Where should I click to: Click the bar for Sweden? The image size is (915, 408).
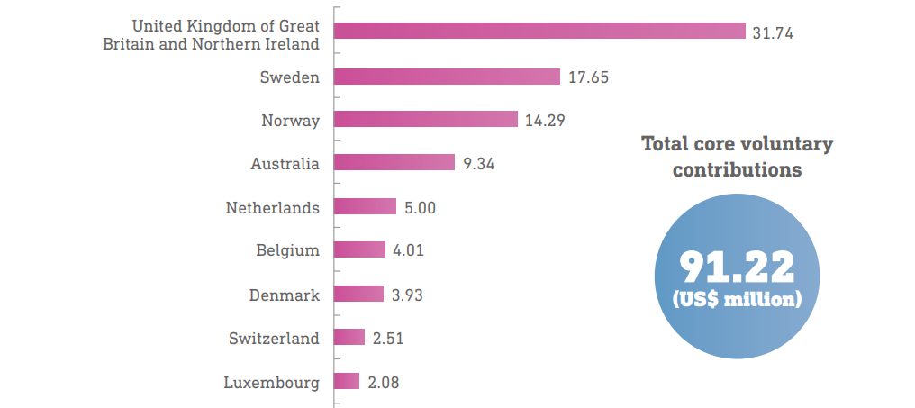tap(447, 77)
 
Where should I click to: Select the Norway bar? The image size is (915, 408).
tap(426, 119)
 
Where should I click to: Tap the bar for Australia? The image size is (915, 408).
tap(394, 162)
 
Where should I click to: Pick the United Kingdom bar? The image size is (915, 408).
tap(539, 32)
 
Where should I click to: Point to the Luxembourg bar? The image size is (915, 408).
tap(347, 382)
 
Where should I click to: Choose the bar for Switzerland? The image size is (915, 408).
tap(349, 338)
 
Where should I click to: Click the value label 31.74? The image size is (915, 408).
tap(773, 32)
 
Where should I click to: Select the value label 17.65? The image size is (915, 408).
tap(588, 77)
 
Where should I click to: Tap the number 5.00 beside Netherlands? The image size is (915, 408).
tap(420, 208)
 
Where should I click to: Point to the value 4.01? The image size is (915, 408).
tap(408, 250)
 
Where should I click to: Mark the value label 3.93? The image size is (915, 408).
tap(407, 295)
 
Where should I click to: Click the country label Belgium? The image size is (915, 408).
tap(287, 250)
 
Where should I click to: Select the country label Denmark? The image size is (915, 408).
tap(284, 295)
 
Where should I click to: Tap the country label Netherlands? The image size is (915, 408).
tap(272, 208)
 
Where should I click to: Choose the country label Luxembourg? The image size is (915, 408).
tap(271, 383)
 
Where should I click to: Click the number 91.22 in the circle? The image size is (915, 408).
tap(737, 267)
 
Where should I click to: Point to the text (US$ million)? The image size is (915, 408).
tap(737, 298)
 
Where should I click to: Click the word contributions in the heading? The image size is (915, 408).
tap(737, 169)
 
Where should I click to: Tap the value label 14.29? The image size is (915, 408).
tap(545, 120)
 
